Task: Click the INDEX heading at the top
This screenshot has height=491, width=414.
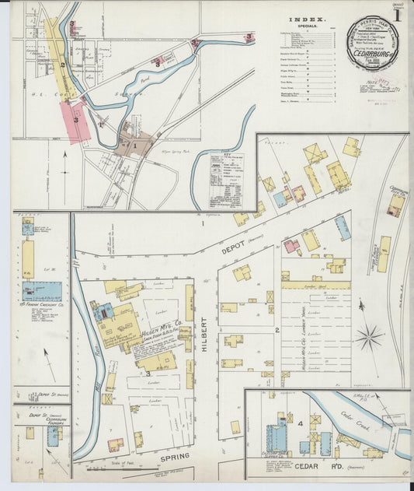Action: click(x=307, y=19)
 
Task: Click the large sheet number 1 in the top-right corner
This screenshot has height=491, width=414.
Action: click(x=397, y=15)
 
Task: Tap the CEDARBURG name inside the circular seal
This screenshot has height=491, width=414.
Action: click(x=372, y=55)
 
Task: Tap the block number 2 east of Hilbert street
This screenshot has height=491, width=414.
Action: click(x=277, y=330)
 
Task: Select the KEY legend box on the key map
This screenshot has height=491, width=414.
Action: click(x=226, y=179)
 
